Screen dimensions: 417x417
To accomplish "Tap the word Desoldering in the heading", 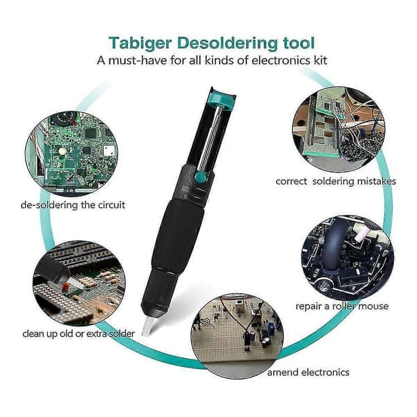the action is click(227, 44).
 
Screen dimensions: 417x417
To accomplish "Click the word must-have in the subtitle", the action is click(137, 60).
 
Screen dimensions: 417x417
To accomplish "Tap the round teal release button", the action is click(201, 177).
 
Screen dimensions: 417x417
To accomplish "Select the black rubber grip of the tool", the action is click(178, 236).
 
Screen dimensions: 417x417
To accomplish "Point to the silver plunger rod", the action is click(211, 138).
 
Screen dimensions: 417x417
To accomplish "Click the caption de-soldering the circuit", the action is click(73, 205).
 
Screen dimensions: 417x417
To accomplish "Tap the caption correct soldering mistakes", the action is click(336, 181).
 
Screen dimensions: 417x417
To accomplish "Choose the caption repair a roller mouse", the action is click(342, 306).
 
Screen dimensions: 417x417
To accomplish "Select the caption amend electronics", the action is click(308, 372).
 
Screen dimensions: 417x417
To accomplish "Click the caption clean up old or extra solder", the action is click(79, 334).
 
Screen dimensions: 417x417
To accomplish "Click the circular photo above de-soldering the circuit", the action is click(72, 154).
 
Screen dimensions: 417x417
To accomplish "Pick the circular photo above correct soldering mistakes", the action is click(338, 129).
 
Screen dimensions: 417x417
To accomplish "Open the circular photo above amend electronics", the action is click(238, 336).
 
